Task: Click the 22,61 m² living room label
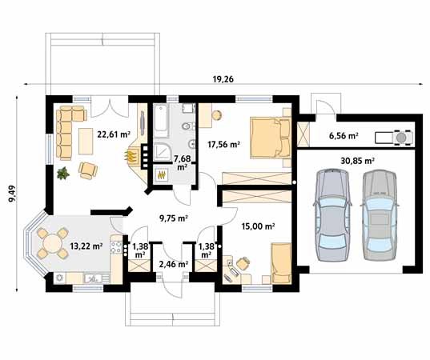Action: [x=114, y=134]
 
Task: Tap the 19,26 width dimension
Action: [x=223, y=79]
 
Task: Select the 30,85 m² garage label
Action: [x=357, y=161]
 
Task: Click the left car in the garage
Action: [x=332, y=214]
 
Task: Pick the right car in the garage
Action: [x=380, y=214]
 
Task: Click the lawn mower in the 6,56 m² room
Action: [x=394, y=138]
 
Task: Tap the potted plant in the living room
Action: [x=63, y=173]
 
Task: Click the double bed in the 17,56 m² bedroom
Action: [x=270, y=138]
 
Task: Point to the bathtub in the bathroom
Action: [x=161, y=121]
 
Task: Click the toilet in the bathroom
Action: [x=188, y=126]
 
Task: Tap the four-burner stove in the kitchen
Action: [x=116, y=246]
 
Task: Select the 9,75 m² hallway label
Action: [x=173, y=218]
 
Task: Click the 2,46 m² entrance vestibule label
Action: [x=173, y=264]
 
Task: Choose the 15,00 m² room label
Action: [x=258, y=226]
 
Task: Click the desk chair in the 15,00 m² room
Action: [x=243, y=263]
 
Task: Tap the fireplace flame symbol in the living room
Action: [x=131, y=156]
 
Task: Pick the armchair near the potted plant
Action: [x=88, y=170]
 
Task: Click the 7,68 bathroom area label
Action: [x=182, y=162]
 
